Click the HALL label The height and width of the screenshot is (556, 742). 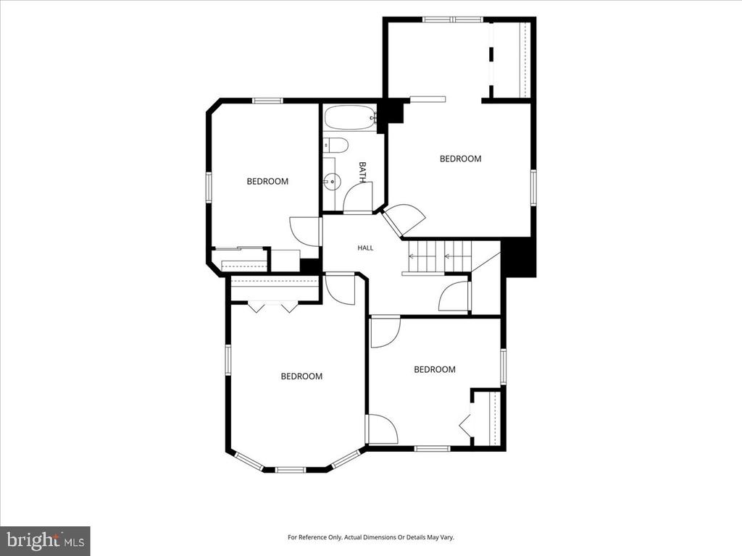tap(365, 248)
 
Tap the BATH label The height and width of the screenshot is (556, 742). tap(362, 172)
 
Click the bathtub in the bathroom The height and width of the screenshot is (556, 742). tap(350, 117)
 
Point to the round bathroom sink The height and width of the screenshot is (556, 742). tap(333, 180)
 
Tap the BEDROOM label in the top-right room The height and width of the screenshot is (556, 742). tap(460, 159)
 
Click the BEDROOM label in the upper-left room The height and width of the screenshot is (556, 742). tap(267, 181)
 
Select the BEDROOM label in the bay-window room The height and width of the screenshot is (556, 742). tap(301, 376)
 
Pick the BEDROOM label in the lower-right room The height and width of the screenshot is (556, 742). tap(435, 369)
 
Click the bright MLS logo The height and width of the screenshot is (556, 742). tap(45, 540)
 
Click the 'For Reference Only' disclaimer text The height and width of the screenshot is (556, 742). tap(371, 537)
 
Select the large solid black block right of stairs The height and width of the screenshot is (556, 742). tap(519, 258)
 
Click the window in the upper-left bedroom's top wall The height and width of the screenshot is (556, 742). tap(267, 100)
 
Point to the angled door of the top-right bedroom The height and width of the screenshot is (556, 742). tap(403, 220)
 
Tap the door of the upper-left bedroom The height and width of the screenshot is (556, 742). tap(305, 232)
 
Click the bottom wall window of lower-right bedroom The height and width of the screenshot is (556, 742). tap(432, 448)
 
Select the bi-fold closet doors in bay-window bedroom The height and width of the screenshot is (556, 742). tap(273, 307)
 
